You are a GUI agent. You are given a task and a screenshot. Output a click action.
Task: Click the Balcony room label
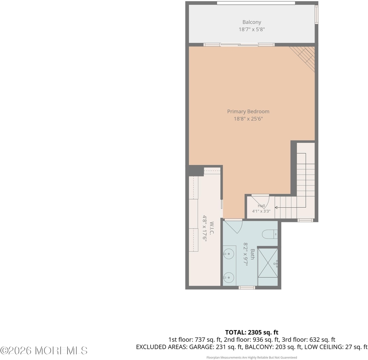coord(252,22)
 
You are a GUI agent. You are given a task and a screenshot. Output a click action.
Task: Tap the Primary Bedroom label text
coord(248,111)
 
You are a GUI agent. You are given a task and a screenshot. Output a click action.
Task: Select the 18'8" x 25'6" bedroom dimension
coord(248,119)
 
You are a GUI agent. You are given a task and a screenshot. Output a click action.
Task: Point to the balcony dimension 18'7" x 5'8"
coord(252,29)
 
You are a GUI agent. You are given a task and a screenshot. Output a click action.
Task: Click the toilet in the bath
coord(270,234)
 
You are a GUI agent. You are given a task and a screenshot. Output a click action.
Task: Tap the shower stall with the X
coord(268,263)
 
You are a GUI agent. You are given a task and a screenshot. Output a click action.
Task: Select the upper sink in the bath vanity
coord(228,254)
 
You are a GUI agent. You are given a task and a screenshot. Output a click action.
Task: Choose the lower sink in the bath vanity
coord(228,278)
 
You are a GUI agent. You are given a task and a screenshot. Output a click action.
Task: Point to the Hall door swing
coord(261,202)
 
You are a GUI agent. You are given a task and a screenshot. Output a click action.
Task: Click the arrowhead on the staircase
coord(276,207)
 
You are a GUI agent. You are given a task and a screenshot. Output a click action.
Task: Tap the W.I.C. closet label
coord(212,228)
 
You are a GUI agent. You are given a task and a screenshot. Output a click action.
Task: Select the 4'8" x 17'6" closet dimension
coord(204,228)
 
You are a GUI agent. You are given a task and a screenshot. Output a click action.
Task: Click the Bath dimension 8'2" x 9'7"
coord(245,254)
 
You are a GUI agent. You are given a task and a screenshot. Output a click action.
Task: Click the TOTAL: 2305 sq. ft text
coord(252,332)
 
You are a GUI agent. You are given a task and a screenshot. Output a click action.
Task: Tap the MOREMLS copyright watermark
coord(44,351)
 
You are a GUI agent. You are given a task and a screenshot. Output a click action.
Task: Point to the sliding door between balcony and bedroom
coord(239,45)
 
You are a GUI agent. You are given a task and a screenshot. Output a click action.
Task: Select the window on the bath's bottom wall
coord(247,287)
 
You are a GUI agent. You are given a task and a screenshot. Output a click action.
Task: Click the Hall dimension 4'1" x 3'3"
coord(261,211)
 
